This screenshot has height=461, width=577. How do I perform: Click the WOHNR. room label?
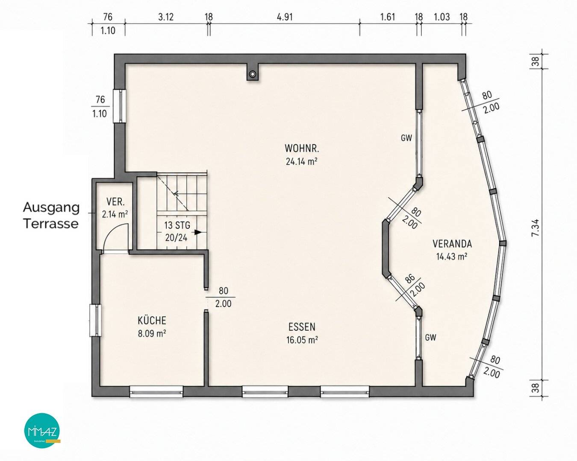[x=302, y=148]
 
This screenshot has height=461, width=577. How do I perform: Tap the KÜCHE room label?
[x=152, y=321]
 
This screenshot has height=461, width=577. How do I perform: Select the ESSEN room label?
[x=302, y=327]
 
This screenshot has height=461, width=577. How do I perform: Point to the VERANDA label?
[x=452, y=244]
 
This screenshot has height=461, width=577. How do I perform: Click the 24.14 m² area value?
[x=302, y=161]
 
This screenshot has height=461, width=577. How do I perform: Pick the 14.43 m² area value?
[x=452, y=257]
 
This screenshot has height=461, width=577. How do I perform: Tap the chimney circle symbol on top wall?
[x=252, y=74]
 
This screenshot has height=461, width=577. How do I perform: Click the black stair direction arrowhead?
[x=198, y=232]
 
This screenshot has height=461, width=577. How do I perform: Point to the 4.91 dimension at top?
[x=285, y=18]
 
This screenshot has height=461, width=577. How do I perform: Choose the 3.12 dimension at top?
[x=166, y=18]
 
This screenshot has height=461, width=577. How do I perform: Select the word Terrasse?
[x=51, y=224]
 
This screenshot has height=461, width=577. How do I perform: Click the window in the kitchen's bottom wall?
[x=156, y=391]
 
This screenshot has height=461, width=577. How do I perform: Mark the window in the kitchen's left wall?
[x=95, y=321]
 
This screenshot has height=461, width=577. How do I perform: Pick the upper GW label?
[x=406, y=138]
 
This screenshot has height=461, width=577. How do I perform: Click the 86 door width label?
[x=410, y=279]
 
